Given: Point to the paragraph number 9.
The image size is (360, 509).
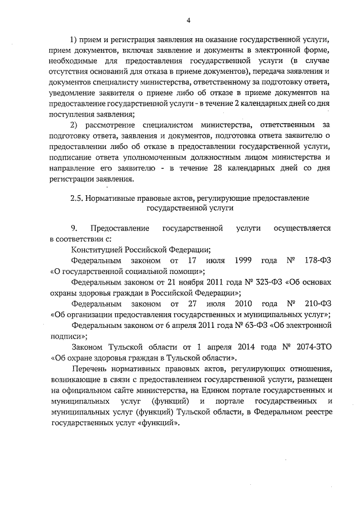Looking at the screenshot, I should [74, 229].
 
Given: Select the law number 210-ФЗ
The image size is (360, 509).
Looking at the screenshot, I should [314, 304].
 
